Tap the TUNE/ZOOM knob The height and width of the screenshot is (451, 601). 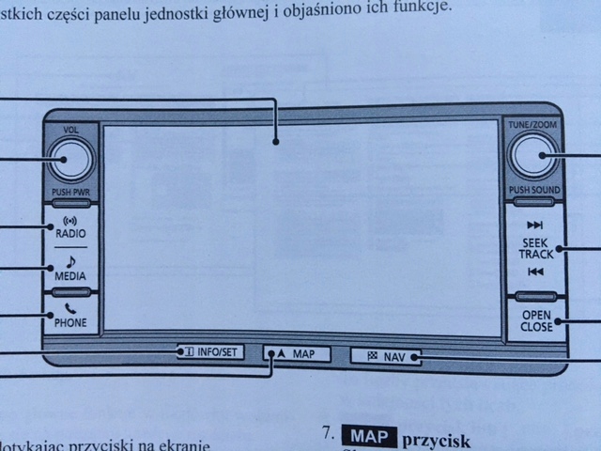pyautogui.click(x=532, y=158)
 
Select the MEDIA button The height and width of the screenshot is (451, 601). pyautogui.click(x=70, y=271)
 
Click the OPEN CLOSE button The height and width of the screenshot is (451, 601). pyautogui.click(x=535, y=321)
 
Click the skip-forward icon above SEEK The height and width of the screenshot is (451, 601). pyautogui.click(x=535, y=225)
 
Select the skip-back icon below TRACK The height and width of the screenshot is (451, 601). pyautogui.click(x=535, y=272)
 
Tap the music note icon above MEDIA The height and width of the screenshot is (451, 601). pyautogui.click(x=70, y=262)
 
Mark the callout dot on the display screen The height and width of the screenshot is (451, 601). pyautogui.click(x=275, y=143)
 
